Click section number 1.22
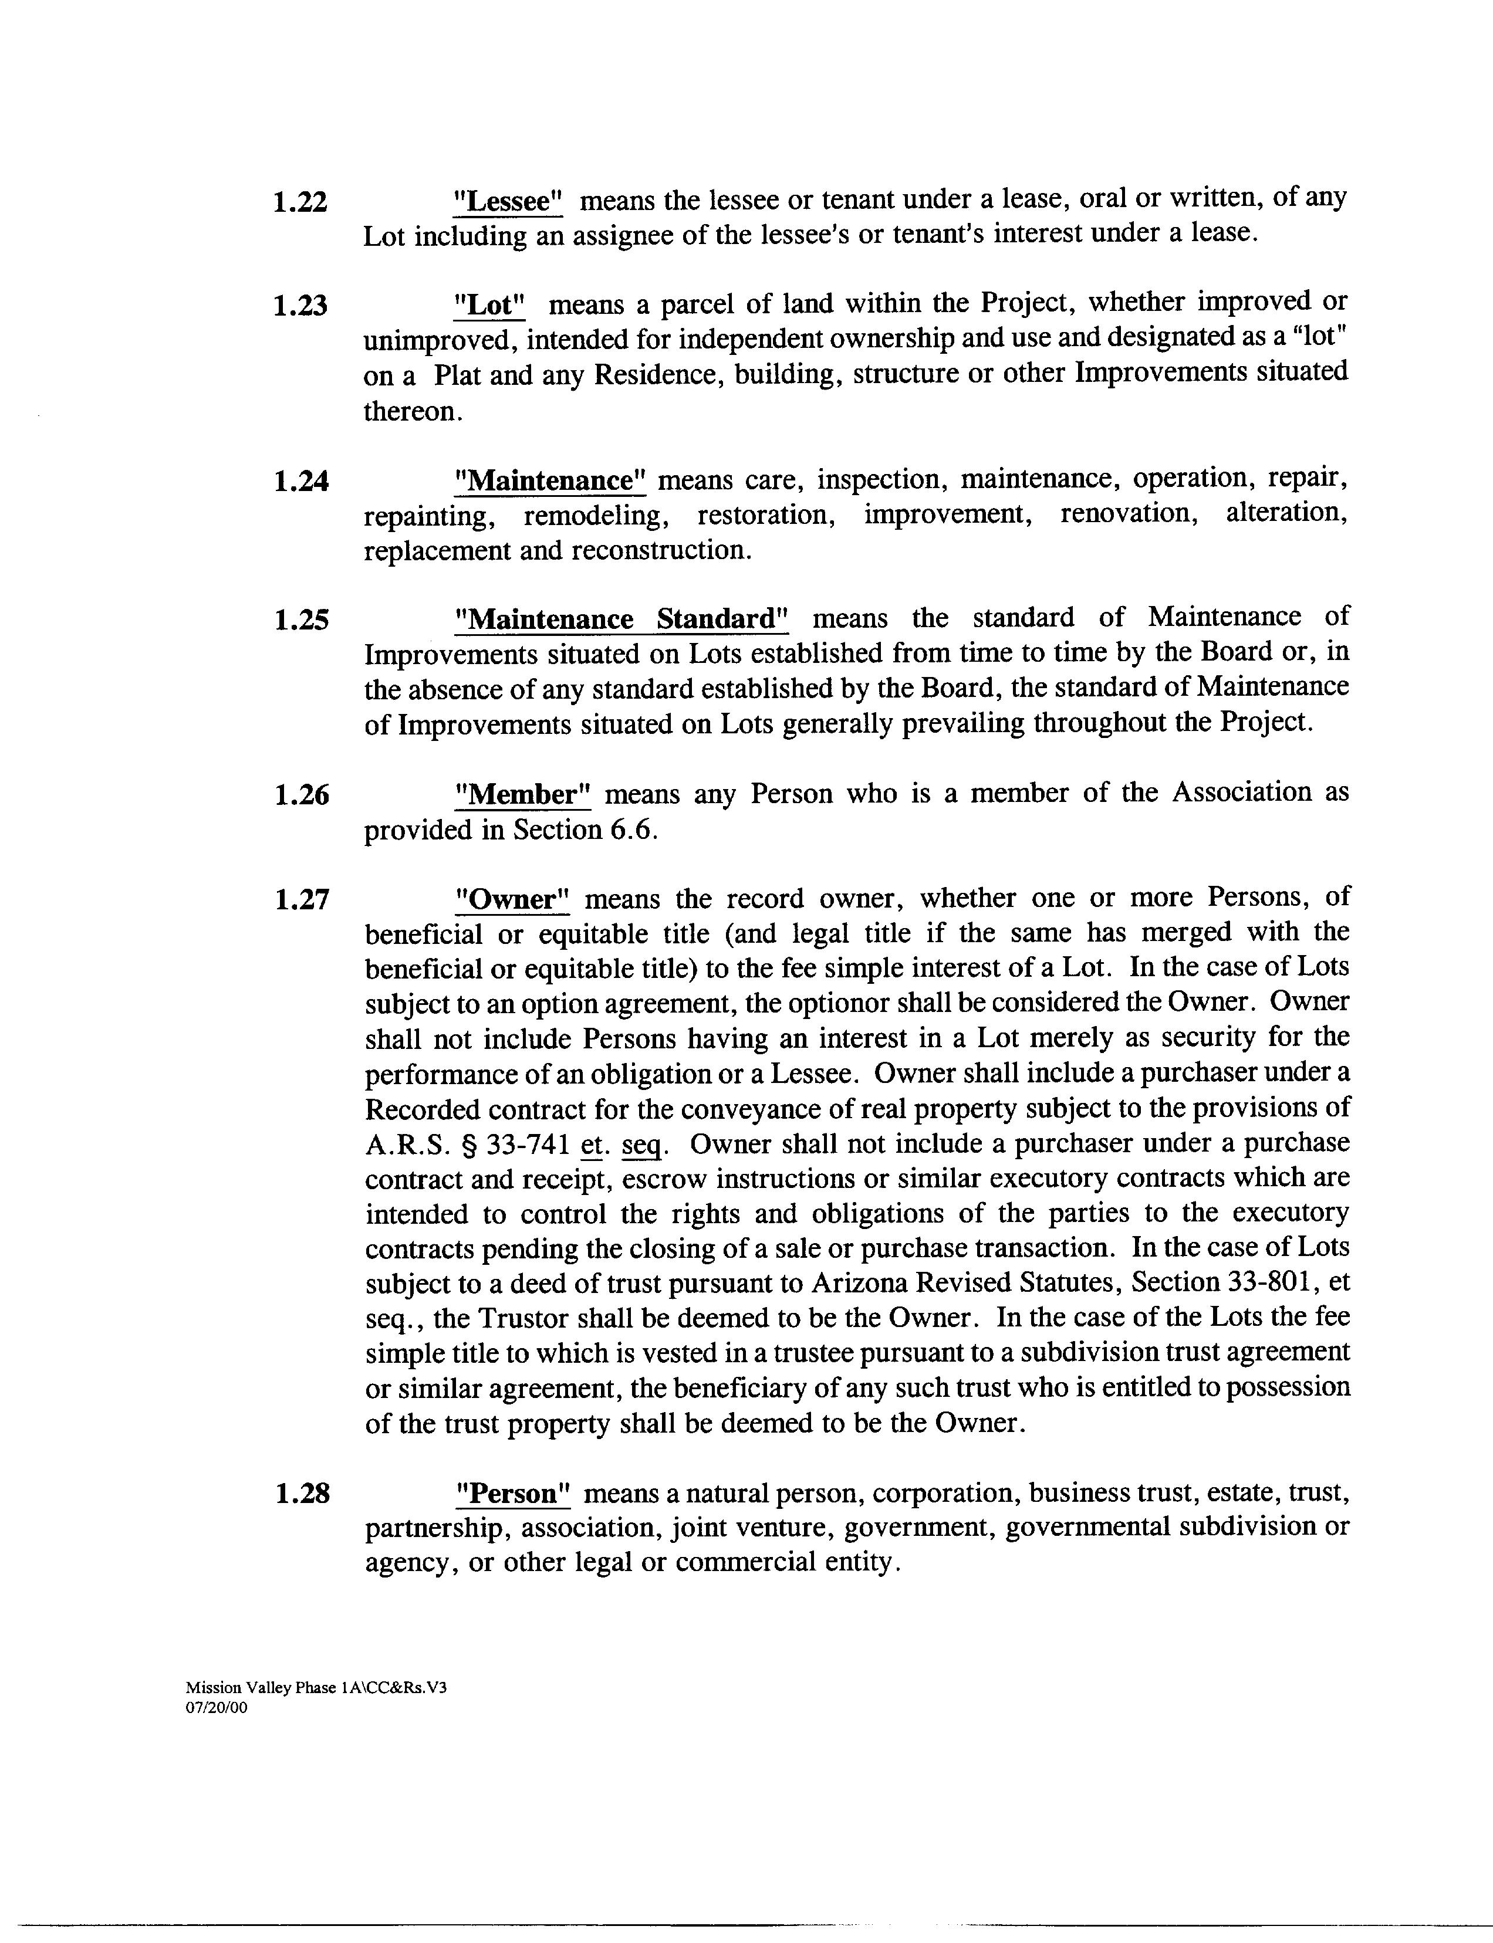[300, 202]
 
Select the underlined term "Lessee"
[508, 201]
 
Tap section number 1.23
[300, 306]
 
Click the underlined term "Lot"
[489, 304]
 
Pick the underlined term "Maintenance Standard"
[620, 618]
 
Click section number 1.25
[301, 620]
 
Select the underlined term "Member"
[522, 793]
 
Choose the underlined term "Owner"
[511, 899]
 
